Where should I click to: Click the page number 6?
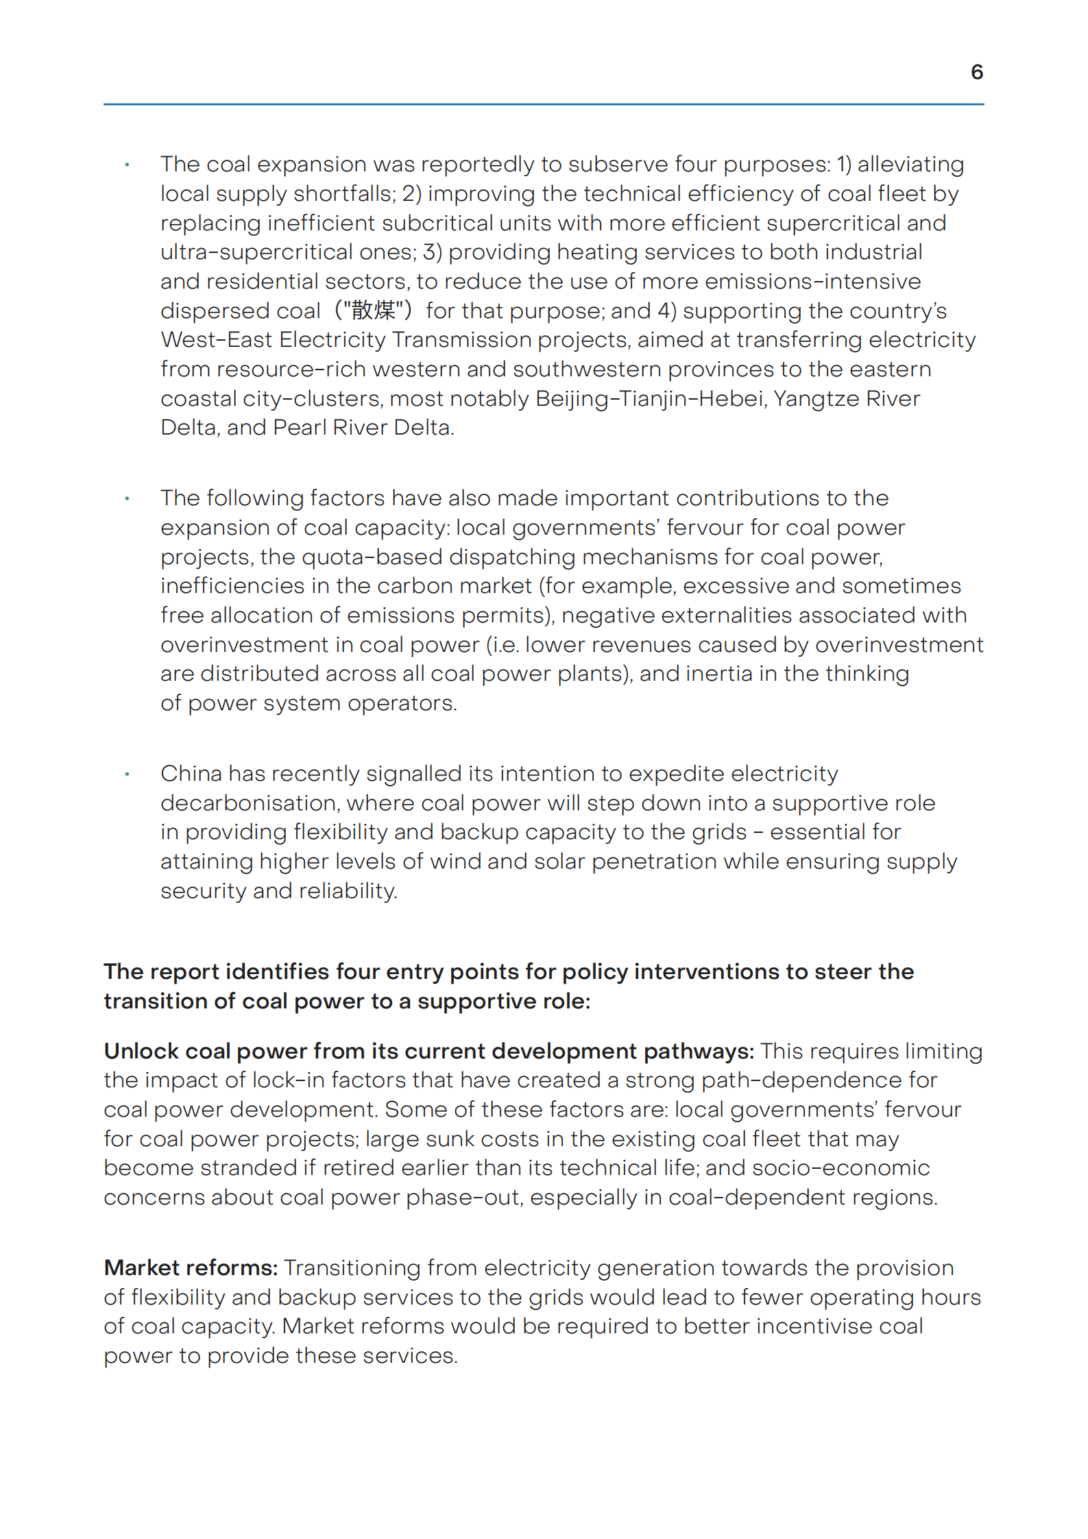pos(977,72)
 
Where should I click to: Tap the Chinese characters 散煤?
pos(374,311)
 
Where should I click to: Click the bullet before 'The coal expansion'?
pos(127,165)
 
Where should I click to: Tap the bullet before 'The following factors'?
pos(127,499)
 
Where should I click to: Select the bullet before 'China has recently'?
pos(127,775)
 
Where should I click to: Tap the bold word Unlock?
pos(141,1051)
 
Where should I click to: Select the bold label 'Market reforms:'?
pos(191,1268)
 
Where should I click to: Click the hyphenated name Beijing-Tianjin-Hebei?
pos(650,398)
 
